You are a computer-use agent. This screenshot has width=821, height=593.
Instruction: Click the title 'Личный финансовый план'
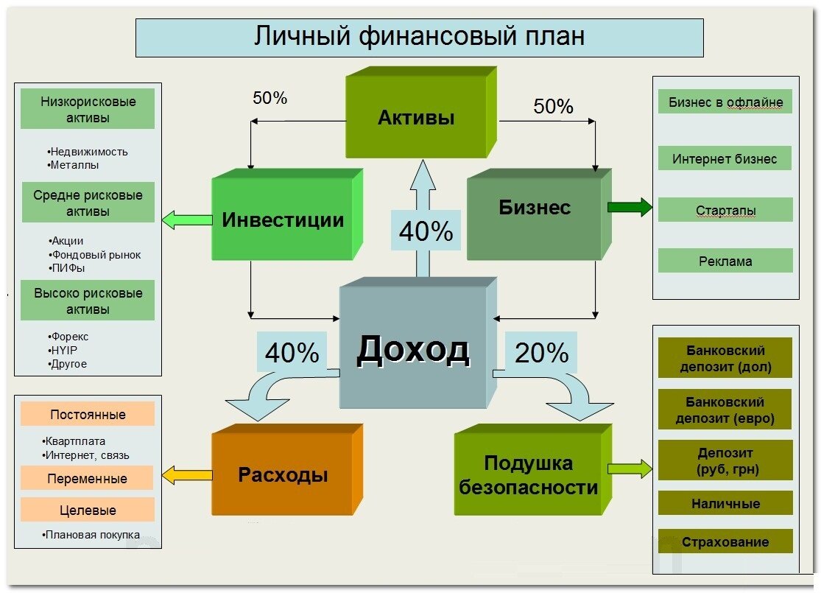(x=419, y=37)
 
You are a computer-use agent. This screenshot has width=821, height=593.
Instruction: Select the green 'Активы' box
(x=416, y=117)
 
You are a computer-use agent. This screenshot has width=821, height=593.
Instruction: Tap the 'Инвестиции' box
(x=283, y=220)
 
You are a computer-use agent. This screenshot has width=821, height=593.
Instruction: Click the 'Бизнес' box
(x=535, y=208)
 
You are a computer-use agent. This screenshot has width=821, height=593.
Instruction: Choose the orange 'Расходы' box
(x=283, y=474)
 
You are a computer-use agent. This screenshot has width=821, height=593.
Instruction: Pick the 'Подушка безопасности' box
(x=528, y=475)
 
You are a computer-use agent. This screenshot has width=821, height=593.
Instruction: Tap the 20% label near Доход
(x=542, y=354)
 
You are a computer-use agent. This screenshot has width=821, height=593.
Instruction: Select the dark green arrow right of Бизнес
(x=630, y=208)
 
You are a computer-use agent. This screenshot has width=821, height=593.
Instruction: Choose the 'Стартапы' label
(x=725, y=211)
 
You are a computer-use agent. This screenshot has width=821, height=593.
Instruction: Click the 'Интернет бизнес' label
(x=725, y=158)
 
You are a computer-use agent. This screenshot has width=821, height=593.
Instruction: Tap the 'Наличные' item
(x=725, y=504)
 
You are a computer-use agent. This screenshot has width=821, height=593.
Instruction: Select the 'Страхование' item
(x=725, y=542)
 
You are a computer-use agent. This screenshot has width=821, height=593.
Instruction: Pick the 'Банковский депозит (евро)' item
(x=725, y=411)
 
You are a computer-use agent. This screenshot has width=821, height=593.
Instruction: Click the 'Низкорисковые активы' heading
(x=88, y=110)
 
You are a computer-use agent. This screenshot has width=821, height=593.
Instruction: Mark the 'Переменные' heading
(x=87, y=479)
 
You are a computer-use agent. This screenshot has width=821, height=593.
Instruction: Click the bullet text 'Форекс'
(x=70, y=337)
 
